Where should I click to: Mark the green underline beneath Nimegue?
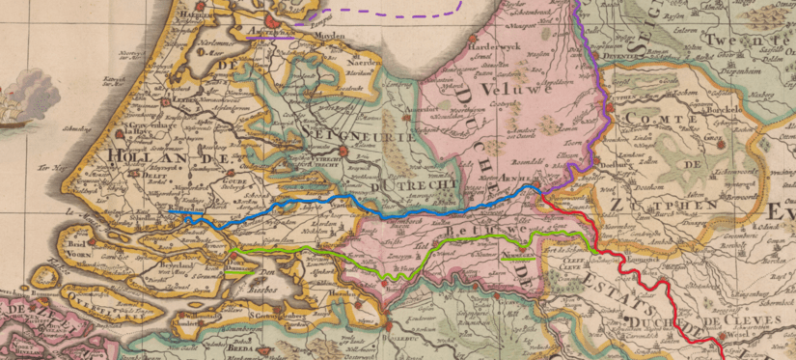(x=518, y=259)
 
